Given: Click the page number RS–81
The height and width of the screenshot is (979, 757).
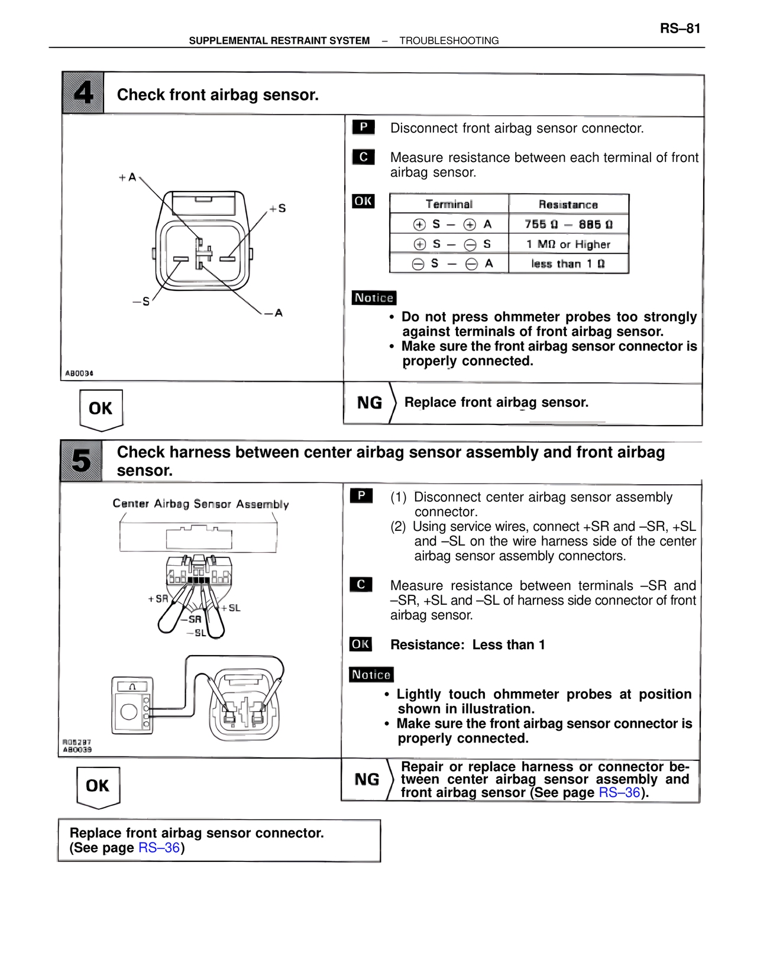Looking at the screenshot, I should click(x=680, y=28).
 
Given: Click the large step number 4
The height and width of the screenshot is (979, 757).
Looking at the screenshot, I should click(x=83, y=93).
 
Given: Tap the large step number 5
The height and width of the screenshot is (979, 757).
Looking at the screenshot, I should click(x=81, y=461).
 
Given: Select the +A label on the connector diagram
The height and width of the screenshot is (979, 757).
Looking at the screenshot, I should click(x=128, y=177).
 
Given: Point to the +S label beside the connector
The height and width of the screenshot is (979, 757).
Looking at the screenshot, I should click(x=278, y=208).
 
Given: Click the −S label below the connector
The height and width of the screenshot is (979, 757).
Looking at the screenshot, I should click(x=141, y=302).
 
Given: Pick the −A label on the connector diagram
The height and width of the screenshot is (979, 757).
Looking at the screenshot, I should click(x=274, y=313).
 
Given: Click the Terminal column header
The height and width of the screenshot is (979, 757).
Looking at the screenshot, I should click(x=449, y=204).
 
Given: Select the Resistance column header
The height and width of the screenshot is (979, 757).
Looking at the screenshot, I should click(x=568, y=205).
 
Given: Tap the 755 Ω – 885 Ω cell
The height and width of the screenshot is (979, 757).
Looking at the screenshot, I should click(x=568, y=224).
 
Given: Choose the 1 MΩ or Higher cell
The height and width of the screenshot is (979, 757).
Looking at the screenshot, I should click(x=568, y=244).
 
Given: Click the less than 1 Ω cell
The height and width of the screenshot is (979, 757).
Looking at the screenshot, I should click(x=568, y=264).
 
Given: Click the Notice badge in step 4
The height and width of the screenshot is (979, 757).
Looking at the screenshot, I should click(x=374, y=298).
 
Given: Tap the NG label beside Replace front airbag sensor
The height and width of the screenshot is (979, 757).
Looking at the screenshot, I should click(x=370, y=403).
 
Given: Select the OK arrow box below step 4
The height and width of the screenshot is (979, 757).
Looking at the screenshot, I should click(x=101, y=409).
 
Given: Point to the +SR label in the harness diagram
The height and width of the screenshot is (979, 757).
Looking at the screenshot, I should click(x=158, y=599).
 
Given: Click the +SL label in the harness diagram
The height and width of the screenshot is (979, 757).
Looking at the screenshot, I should click(x=231, y=608).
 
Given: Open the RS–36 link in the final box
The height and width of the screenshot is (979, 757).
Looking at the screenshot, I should click(x=159, y=848).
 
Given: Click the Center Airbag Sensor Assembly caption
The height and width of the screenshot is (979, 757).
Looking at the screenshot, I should click(x=200, y=504).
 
